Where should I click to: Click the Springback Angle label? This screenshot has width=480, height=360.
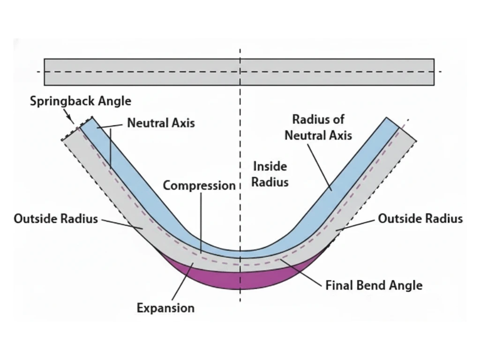point(81,101)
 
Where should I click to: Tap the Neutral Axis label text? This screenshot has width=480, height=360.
point(161,123)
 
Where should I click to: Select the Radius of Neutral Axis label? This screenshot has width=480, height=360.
point(318,127)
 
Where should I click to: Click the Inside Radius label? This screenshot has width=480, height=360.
point(270,173)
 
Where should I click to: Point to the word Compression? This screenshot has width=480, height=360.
point(199,186)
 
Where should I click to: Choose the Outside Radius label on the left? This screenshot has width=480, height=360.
point(56,219)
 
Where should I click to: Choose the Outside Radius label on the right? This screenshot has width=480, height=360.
point(420,219)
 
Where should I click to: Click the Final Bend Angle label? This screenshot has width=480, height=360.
point(374,285)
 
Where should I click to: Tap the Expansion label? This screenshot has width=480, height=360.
point(165,308)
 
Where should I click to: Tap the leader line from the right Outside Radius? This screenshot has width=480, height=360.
point(356,225)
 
